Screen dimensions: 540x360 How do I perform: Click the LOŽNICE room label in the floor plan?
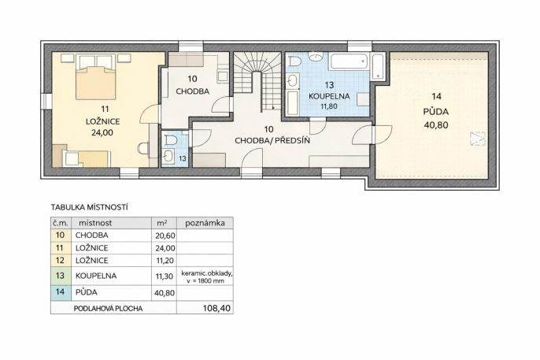[x=102, y=121]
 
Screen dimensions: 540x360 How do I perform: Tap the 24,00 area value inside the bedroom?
[x=102, y=132]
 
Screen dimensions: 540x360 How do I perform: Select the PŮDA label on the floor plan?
[x=436, y=112]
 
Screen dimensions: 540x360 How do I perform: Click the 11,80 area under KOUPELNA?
[x=329, y=106]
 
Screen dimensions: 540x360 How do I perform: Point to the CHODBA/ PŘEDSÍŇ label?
[x=272, y=140]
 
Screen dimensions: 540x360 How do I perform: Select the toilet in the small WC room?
[x=171, y=139]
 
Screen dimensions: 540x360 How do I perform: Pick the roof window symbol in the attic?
[x=478, y=139]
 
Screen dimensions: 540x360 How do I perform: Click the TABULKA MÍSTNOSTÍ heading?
[x=90, y=207]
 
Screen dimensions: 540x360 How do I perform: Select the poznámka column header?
[x=205, y=223]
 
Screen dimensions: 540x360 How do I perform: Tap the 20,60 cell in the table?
[x=165, y=236]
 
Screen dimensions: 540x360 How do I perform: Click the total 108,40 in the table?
[x=216, y=308]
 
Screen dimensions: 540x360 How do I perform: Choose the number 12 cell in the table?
[x=60, y=260]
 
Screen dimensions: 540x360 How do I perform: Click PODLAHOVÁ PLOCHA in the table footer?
[x=108, y=308]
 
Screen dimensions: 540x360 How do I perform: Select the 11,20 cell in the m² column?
[x=165, y=261]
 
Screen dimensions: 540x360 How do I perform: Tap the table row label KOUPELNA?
[x=96, y=276]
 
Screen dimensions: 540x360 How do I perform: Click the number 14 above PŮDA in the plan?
[x=436, y=96]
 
